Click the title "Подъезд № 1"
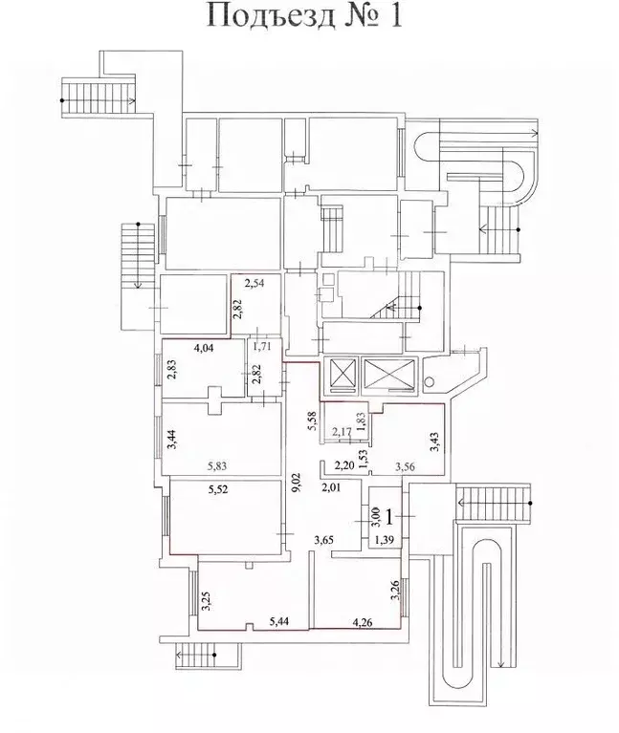coord(304,17)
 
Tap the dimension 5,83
coord(218,466)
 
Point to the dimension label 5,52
coord(218,489)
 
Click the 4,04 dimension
coord(203,347)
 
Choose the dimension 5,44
coord(278,621)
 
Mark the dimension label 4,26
coord(363,622)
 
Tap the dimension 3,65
coord(323,540)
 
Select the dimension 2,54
coord(255,283)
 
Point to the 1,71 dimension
coord(262,347)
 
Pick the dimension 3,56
coord(406,466)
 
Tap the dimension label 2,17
coord(342,431)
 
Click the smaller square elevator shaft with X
coord(341,374)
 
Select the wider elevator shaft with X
coord(388,373)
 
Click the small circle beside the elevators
coord(428,381)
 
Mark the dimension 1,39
coord(384,540)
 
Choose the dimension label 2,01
coord(331,488)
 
